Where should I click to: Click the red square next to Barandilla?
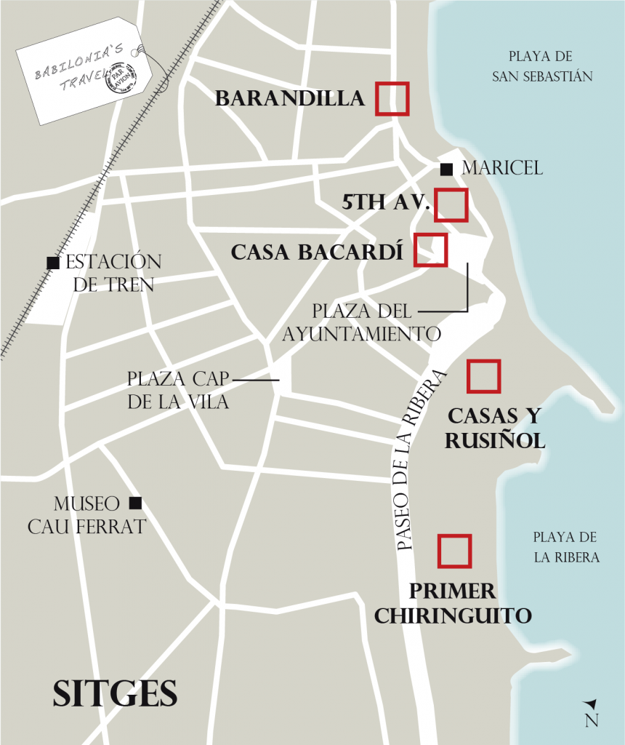[392, 98]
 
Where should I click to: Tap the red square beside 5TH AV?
[451, 204]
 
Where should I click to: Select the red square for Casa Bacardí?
[430, 250]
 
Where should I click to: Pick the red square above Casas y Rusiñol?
[483, 376]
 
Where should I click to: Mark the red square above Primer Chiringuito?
[455, 551]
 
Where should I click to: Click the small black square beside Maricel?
[446, 170]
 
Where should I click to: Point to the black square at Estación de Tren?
[52, 263]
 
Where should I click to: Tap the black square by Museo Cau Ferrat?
[134, 503]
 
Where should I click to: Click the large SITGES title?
[115, 693]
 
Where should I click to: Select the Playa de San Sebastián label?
[542, 66]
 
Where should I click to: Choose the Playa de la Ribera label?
[565, 548]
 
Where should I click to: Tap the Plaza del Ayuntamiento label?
[362, 322]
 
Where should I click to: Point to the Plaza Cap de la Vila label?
[178, 390]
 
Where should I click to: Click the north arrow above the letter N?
[591, 704]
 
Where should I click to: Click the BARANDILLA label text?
[290, 99]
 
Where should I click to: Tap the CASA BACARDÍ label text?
[317, 252]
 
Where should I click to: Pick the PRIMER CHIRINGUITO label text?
[453, 603]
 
